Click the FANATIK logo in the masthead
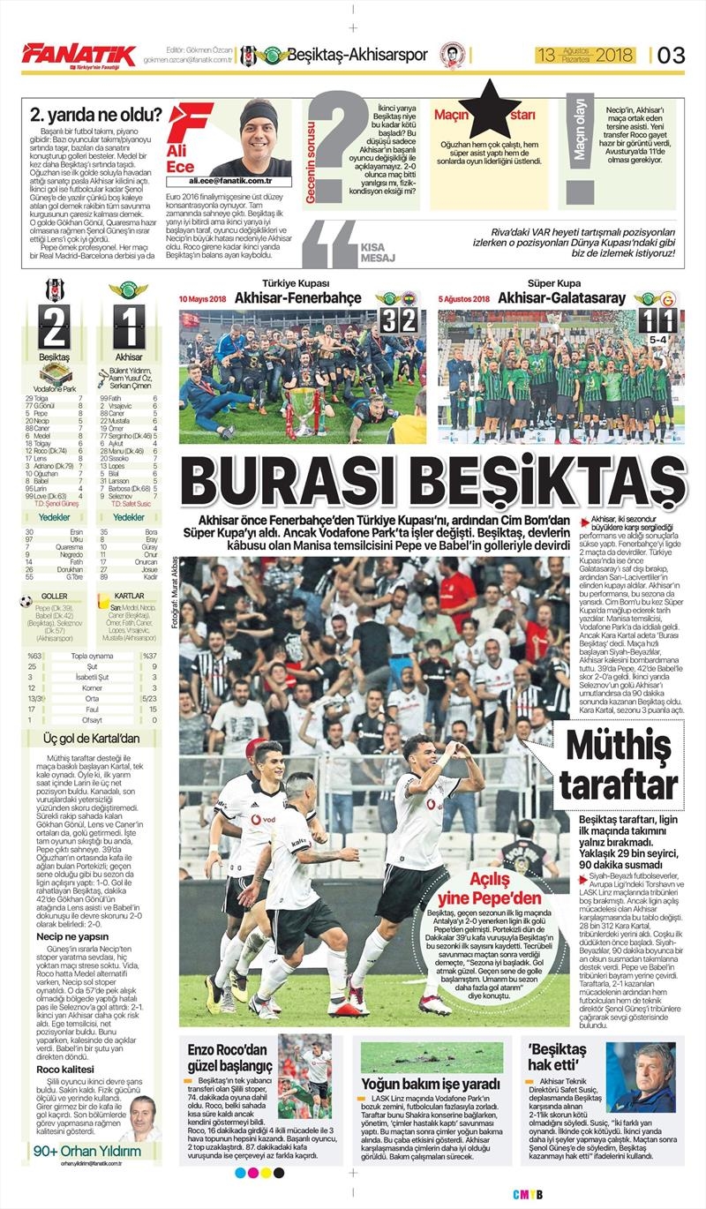[79, 55]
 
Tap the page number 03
[671, 55]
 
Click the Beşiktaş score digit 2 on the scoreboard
[55, 327]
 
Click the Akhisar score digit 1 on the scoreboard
[129, 327]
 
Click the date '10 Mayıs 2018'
[203, 299]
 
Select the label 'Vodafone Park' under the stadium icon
[55, 387]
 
